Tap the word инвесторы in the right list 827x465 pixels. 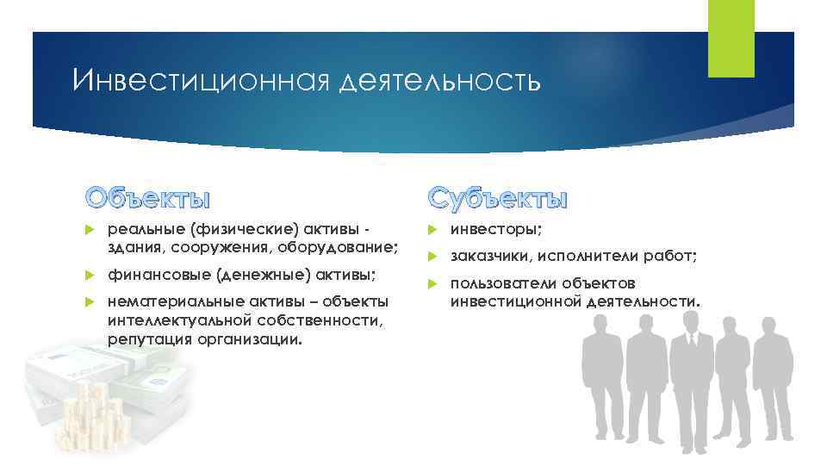coord(496,231)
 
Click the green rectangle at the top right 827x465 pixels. coord(731,38)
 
